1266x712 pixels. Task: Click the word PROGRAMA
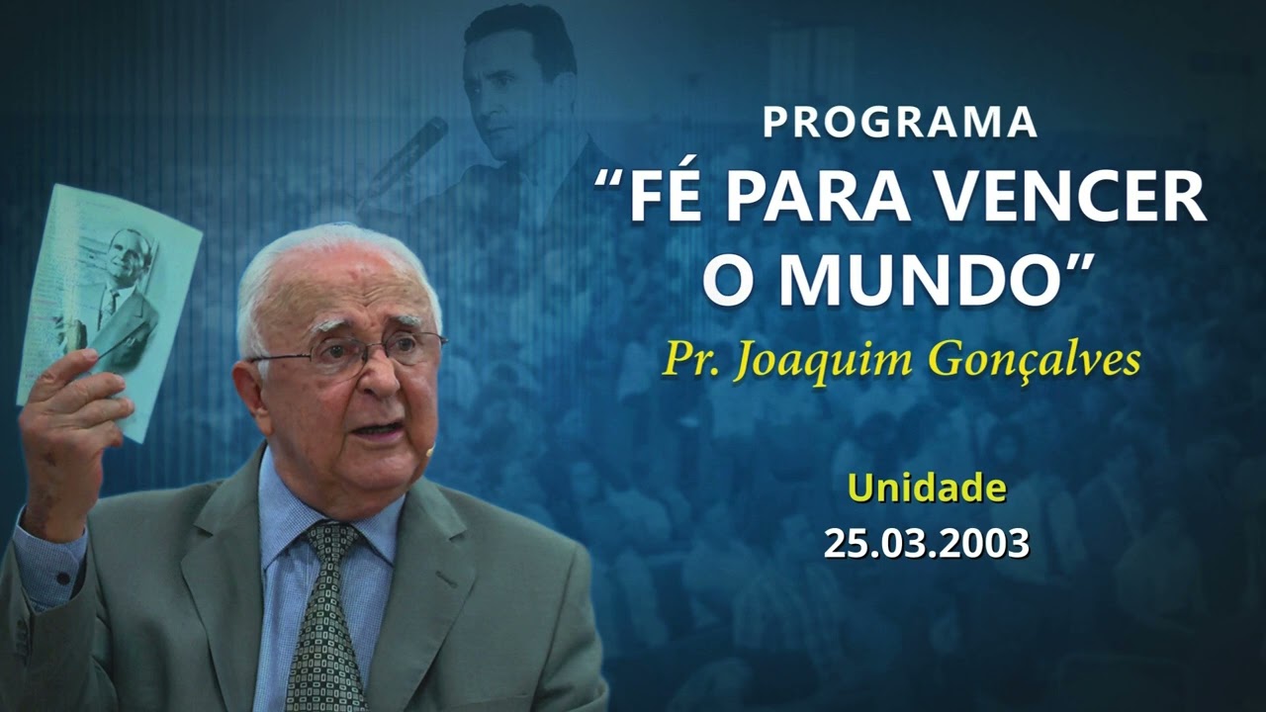(899, 122)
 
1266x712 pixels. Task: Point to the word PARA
(821, 198)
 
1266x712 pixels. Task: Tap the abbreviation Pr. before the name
(688, 361)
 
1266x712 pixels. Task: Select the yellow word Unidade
(927, 488)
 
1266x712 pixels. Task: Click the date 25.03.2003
(927, 543)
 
